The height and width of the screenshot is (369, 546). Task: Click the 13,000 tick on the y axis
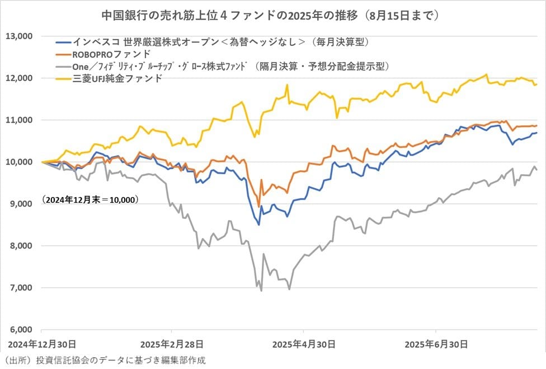(20, 36)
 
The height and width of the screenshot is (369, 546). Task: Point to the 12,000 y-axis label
(20, 78)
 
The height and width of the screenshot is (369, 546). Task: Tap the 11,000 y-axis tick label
(20, 120)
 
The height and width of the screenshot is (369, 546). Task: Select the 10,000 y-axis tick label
(20, 162)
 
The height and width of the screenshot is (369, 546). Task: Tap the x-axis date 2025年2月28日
(172, 343)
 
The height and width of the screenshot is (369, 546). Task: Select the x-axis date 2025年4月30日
(303, 343)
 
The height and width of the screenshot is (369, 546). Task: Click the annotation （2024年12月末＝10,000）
(90, 199)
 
